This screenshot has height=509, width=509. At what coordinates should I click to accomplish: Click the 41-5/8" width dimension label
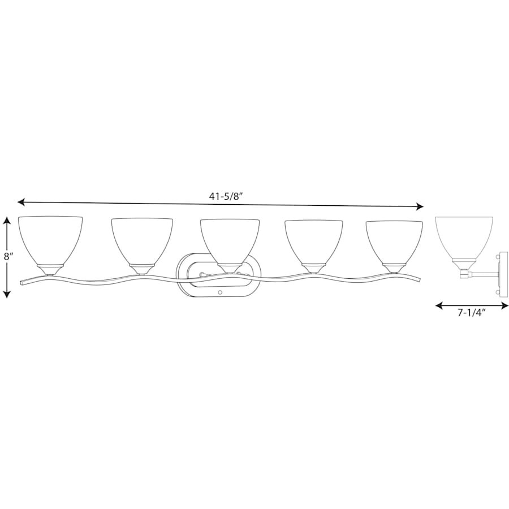(x=226, y=196)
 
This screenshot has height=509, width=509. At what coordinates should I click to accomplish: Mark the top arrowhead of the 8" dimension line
(x=7, y=221)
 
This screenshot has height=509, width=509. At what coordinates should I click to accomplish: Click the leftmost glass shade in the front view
(x=50, y=240)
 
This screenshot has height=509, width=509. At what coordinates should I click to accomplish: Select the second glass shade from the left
(x=141, y=241)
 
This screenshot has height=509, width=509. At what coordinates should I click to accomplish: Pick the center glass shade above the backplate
(x=230, y=241)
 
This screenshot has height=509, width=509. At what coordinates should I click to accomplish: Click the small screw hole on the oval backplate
(x=220, y=293)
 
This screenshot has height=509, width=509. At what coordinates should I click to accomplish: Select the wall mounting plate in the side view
(x=503, y=274)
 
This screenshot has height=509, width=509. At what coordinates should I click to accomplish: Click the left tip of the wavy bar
(x=21, y=281)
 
